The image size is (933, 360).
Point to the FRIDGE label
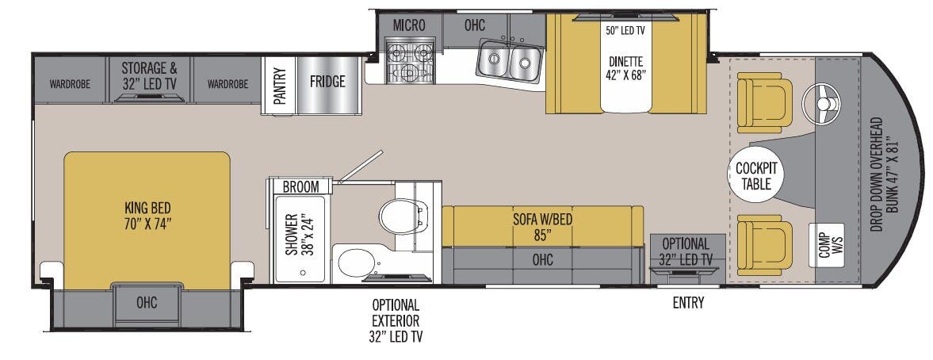pyautogui.click(x=327, y=82)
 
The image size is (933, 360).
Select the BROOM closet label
pyautogui.click(x=300, y=187)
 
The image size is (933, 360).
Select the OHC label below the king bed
pyautogui.click(x=146, y=302)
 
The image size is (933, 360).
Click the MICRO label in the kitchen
pyautogui.click(x=409, y=25)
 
